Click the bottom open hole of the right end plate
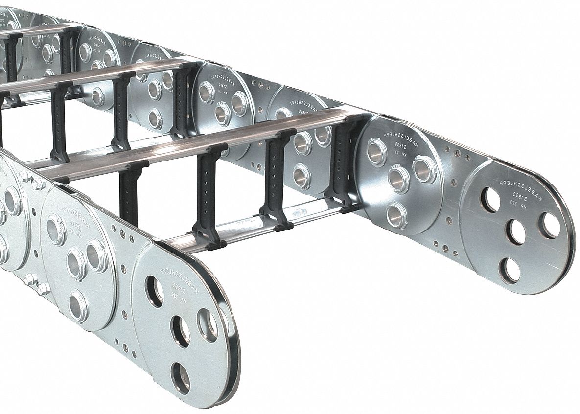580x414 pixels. [x=510, y=270]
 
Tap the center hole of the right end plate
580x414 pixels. [x=515, y=232]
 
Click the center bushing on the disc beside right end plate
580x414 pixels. [x=398, y=179]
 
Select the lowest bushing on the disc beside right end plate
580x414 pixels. [x=396, y=215]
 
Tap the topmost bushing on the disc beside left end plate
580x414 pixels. [x=56, y=229]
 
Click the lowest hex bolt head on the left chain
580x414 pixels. [x=42, y=289]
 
